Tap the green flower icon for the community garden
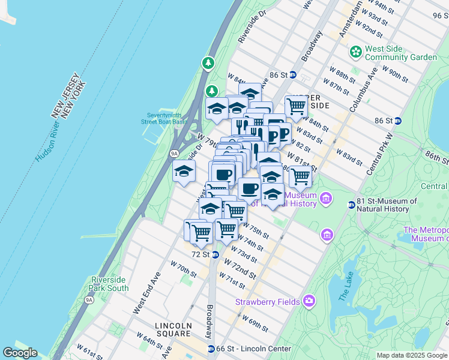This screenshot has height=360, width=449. (x=356, y=52)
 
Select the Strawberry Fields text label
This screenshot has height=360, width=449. (x=267, y=302)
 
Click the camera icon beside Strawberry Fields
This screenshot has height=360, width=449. (x=309, y=300)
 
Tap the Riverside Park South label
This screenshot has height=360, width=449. (x=109, y=284)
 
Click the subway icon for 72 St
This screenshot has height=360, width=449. (x=215, y=254)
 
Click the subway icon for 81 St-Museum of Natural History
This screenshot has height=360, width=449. (x=352, y=205)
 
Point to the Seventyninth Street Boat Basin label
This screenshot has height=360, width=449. (x=164, y=118)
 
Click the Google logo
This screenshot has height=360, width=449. (x=20, y=353)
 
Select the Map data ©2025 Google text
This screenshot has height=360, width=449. (x=412, y=355)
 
